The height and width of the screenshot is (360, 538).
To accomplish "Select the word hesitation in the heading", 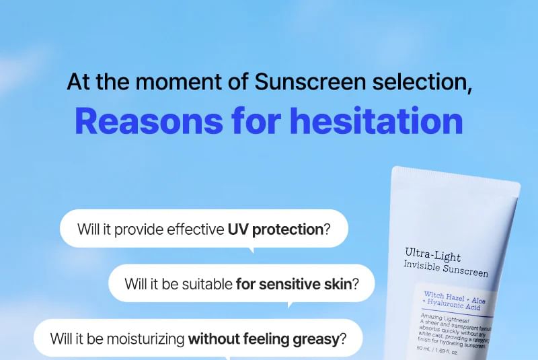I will coord(376,121).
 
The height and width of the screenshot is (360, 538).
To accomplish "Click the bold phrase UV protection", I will coord(275,229).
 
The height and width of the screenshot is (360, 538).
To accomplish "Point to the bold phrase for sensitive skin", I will coord(294,283).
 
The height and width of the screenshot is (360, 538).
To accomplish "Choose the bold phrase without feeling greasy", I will coord(264,338).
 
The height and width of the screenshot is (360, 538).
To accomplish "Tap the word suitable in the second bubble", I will coord(204,283).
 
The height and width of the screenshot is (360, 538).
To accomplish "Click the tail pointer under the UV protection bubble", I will coord(252,250).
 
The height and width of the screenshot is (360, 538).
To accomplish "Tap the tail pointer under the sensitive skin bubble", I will coord(290,305).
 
